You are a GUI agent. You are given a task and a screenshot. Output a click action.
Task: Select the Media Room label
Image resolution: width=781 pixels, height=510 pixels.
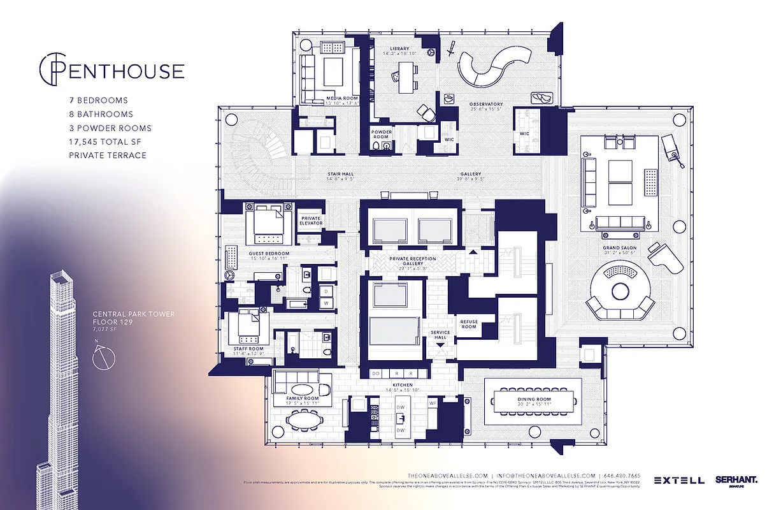(x=342, y=99)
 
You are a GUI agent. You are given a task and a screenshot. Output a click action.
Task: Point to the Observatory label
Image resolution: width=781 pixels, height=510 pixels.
(x=486, y=104)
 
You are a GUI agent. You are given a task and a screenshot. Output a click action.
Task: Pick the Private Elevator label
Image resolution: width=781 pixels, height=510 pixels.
(x=311, y=221)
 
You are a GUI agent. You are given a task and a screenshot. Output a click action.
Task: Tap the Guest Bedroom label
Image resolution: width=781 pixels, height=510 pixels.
(x=268, y=253)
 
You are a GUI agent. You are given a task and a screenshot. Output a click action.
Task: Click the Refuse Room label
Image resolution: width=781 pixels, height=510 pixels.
(x=468, y=324)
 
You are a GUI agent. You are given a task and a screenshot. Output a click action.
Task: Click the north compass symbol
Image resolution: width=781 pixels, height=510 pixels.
(x=103, y=359)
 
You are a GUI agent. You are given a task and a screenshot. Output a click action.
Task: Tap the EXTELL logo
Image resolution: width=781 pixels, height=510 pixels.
(x=678, y=480)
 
